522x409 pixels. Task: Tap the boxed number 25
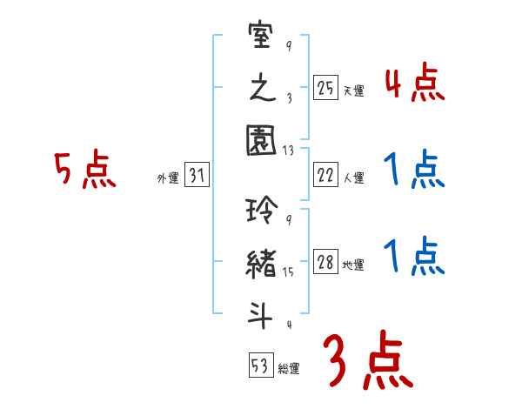click(x=325, y=88)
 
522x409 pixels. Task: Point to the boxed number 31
click(x=197, y=176)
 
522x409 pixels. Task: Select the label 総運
click(x=289, y=368)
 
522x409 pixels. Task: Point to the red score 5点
click(x=84, y=171)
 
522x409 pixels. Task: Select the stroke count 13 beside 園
click(x=287, y=151)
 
